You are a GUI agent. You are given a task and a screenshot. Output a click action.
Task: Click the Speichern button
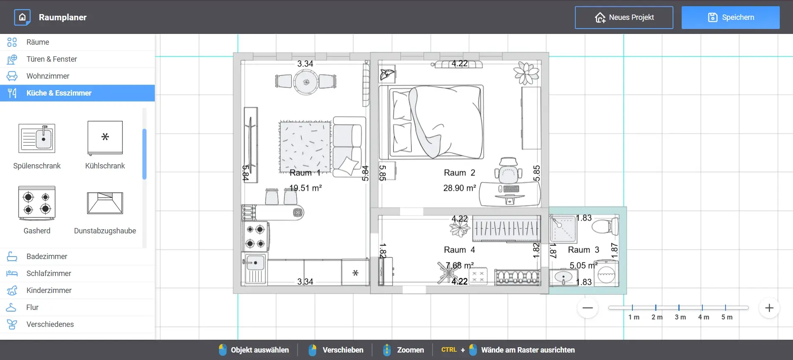tap(731, 17)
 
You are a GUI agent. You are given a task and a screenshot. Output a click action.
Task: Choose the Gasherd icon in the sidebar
tap(37, 203)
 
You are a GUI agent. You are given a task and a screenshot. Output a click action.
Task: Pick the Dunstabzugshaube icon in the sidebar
tap(105, 203)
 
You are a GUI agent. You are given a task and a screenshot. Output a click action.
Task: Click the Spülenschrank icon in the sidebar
tap(37, 138)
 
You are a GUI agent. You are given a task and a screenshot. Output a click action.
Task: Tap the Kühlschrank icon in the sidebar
tap(105, 138)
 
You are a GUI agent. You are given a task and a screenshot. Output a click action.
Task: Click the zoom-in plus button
tap(769, 308)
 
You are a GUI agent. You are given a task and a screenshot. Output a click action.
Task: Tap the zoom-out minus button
tap(588, 308)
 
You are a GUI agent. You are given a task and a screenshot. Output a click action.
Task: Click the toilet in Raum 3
tap(605, 227)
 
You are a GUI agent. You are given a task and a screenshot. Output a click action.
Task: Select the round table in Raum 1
tap(306, 82)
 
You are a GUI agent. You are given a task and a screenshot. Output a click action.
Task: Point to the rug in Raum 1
tap(305, 146)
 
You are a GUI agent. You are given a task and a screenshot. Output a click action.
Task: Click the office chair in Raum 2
tap(508, 170)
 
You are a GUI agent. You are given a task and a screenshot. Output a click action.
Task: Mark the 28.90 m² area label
tap(459, 188)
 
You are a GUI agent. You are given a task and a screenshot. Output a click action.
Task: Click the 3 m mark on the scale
tap(680, 317)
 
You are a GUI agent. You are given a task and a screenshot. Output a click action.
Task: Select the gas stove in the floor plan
tap(256, 236)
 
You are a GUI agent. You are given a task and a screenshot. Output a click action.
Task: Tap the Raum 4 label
tap(459, 250)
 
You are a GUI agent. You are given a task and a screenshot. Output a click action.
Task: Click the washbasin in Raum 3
tap(563, 277)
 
